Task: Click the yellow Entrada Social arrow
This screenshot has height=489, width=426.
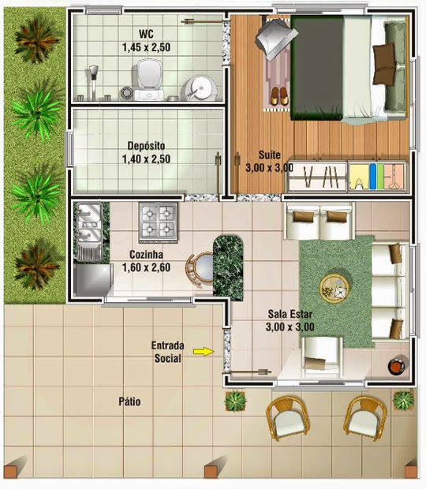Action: click(204, 352)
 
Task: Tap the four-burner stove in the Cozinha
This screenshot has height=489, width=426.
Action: click(159, 222)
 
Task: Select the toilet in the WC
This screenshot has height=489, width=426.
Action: click(149, 80)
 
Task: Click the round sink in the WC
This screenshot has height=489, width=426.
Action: click(201, 88)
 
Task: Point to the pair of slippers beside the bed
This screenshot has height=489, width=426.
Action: click(279, 96)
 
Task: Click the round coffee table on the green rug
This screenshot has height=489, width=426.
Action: click(334, 289)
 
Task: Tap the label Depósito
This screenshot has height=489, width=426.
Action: click(146, 146)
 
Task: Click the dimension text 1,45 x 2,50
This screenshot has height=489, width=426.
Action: click(146, 47)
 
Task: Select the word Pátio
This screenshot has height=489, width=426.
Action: click(129, 401)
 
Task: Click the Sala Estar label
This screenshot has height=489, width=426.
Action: click(290, 314)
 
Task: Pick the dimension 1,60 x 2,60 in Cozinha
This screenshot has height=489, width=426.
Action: click(146, 267)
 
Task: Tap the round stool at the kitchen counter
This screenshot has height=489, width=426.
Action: click(200, 268)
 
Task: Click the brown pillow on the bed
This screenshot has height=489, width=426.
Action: click(385, 65)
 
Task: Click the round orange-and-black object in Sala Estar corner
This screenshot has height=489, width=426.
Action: click(396, 366)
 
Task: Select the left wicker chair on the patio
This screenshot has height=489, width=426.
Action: click(287, 418)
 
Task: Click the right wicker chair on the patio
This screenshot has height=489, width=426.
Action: click(365, 417)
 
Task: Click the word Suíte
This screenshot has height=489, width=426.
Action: click(270, 155)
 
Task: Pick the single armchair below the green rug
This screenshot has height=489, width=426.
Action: click(322, 357)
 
